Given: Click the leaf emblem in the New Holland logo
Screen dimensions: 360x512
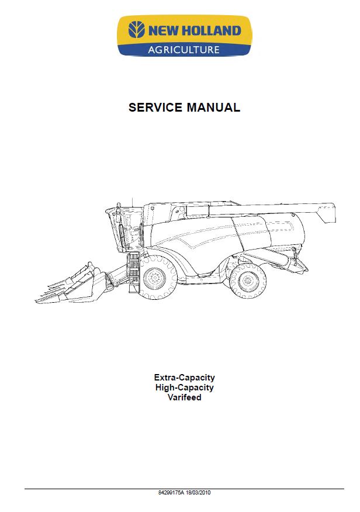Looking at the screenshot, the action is [x=136, y=30].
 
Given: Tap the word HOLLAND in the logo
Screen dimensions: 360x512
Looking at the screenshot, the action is [x=211, y=31].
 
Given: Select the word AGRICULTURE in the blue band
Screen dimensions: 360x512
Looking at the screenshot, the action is [x=184, y=50].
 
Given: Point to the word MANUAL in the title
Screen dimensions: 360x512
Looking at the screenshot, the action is [x=213, y=108].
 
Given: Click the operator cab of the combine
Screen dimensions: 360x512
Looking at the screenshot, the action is [x=126, y=229].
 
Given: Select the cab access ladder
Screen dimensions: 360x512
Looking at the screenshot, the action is [x=133, y=272].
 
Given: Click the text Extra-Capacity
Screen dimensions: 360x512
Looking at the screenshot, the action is [x=185, y=378].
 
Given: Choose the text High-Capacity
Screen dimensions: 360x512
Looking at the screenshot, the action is [x=185, y=388].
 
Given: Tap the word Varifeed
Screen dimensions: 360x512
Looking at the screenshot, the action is [x=185, y=397].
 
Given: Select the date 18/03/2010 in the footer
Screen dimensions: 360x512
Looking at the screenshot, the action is [x=198, y=492].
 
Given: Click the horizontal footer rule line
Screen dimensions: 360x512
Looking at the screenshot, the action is [x=184, y=489].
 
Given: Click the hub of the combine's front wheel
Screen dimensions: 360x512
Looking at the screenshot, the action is [x=155, y=279].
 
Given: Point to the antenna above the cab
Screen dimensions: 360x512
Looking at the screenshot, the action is [x=132, y=202].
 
